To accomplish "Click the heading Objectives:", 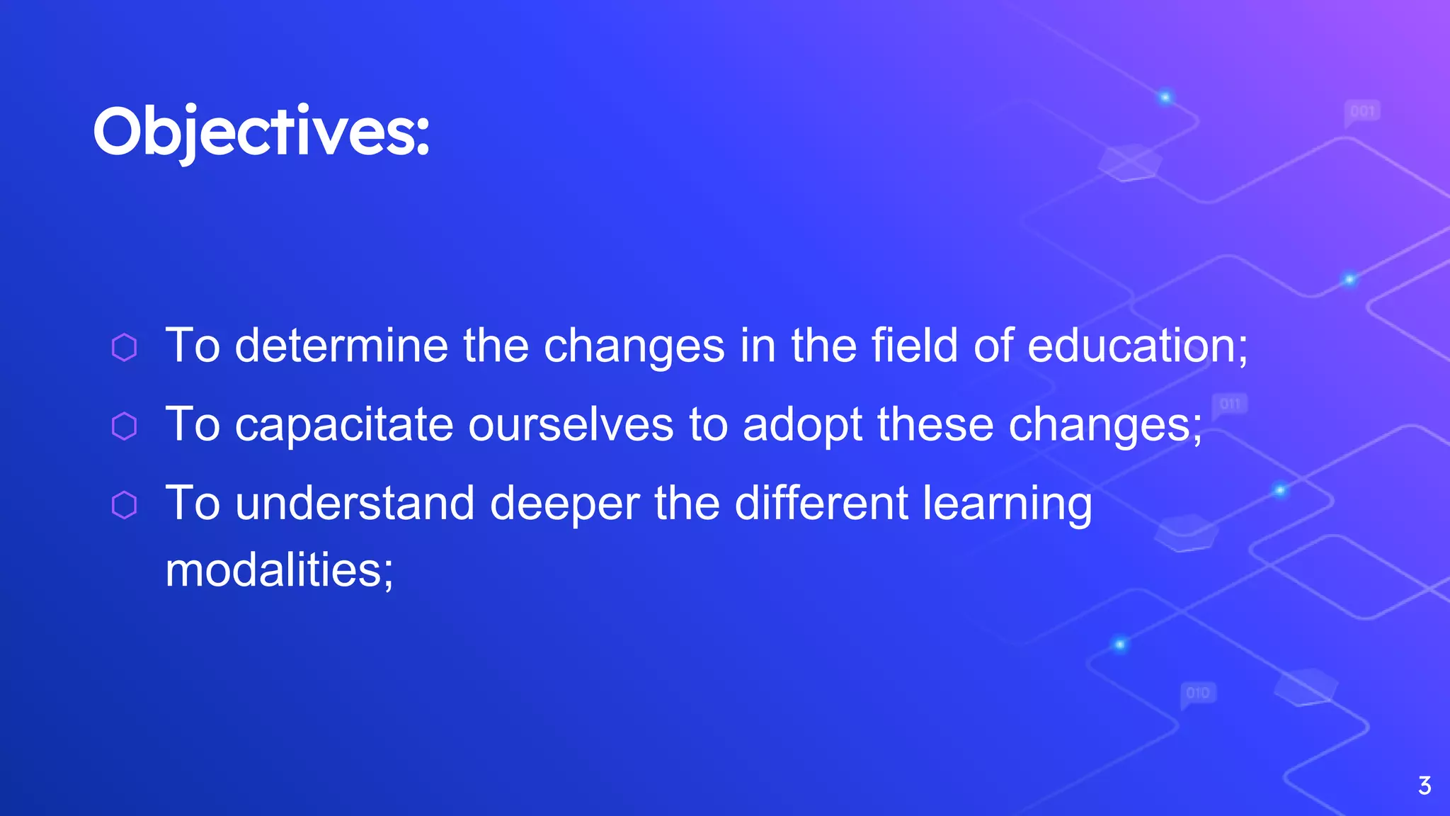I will click(x=261, y=132).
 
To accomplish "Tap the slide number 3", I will click(x=1425, y=786).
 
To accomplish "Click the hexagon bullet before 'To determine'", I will click(x=125, y=347).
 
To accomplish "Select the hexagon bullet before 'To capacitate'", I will click(x=125, y=426).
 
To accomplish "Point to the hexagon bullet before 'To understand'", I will click(x=125, y=505).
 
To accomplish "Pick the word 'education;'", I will click(x=1137, y=346).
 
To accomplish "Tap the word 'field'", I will click(x=914, y=346).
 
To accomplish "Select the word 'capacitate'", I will click(x=344, y=425).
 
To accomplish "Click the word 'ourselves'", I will click(x=571, y=425).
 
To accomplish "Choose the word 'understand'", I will click(x=355, y=504).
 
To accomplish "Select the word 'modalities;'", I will click(x=279, y=570).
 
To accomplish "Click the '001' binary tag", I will click(x=1362, y=112).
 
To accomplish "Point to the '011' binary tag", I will click(x=1230, y=404).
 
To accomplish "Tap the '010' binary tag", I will click(x=1198, y=693).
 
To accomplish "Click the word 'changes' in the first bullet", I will click(x=634, y=347).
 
